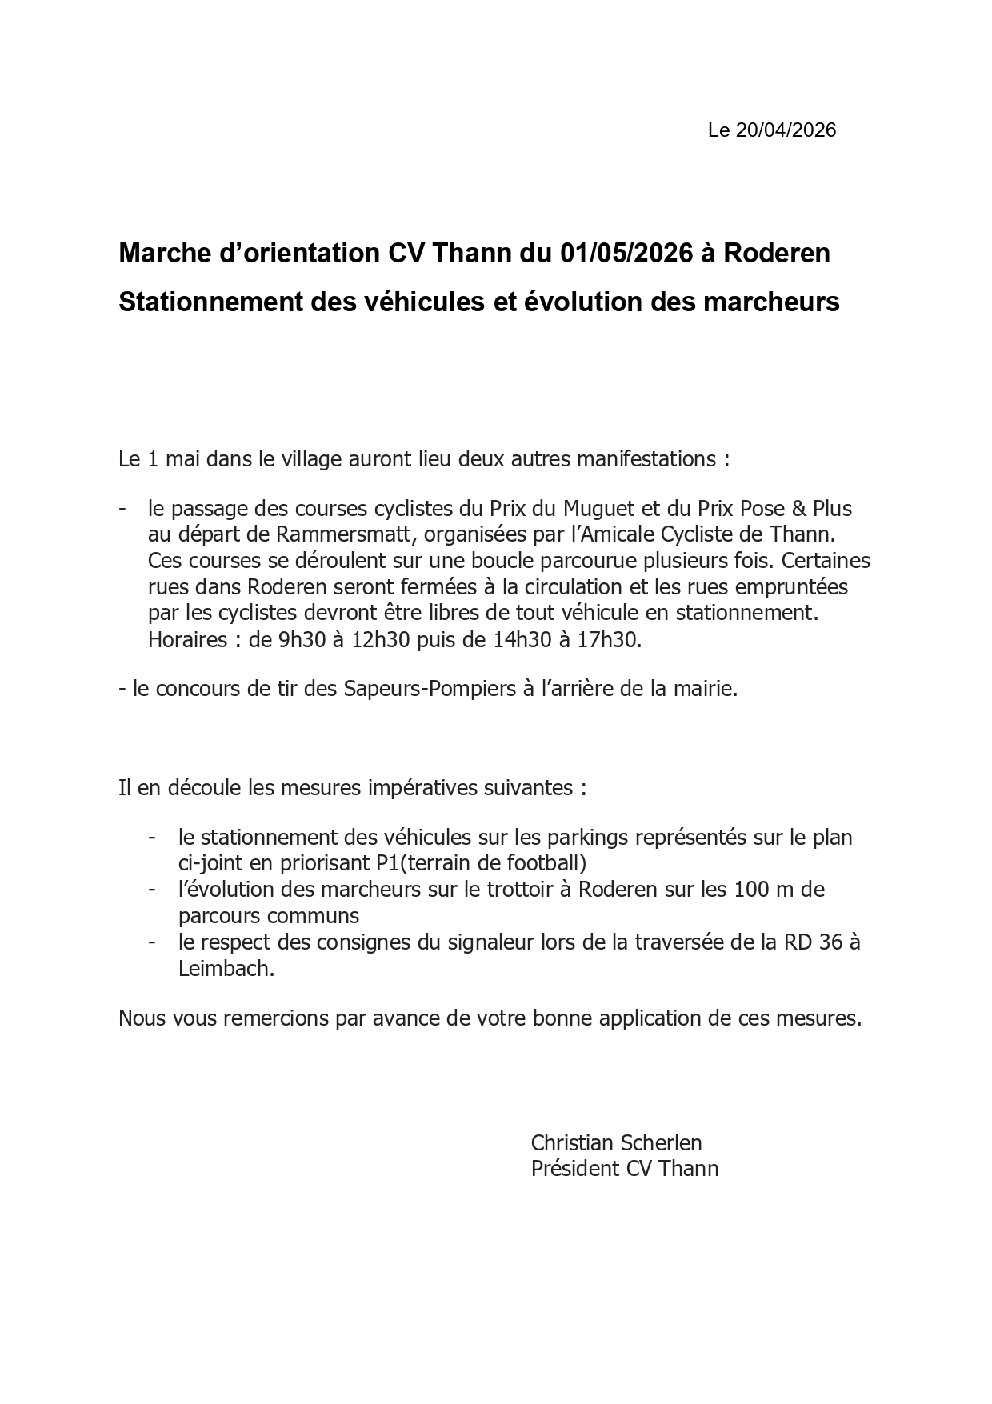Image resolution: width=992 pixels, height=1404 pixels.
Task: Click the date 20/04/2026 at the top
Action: [x=786, y=130]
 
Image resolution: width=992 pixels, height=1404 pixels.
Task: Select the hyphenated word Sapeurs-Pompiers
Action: [x=430, y=689]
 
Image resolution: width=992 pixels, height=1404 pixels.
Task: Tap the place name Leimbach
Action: [x=225, y=969]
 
